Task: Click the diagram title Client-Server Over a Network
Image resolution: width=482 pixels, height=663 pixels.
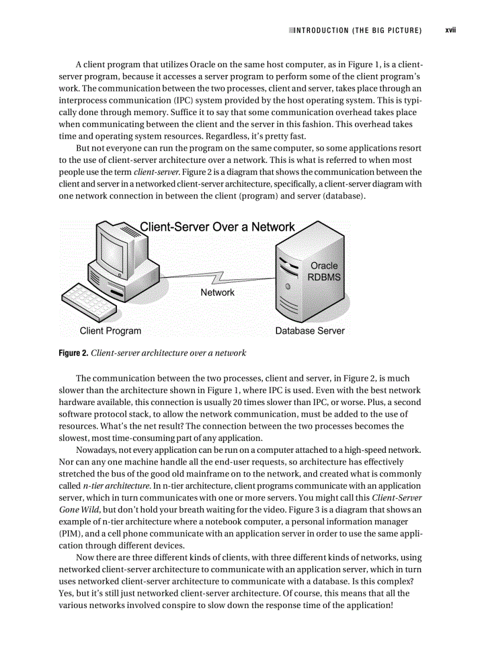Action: click(x=217, y=227)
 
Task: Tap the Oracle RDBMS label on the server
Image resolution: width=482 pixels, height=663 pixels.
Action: click(x=324, y=272)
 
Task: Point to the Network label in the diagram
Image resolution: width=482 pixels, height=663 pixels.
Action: click(x=217, y=292)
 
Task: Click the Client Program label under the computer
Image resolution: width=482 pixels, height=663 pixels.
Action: click(x=110, y=331)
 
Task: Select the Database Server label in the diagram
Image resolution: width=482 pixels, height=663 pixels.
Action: click(x=310, y=331)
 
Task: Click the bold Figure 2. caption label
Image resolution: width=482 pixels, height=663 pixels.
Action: click(x=73, y=353)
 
